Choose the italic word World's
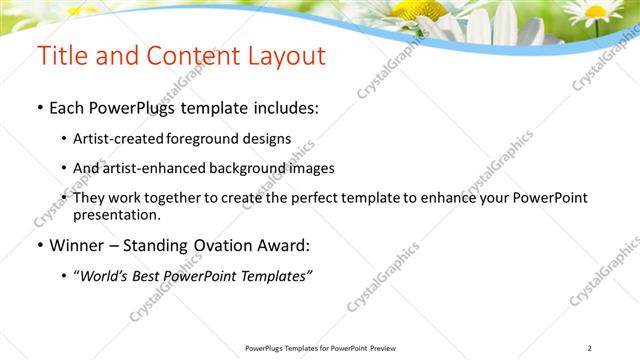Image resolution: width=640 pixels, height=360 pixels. pos(107,275)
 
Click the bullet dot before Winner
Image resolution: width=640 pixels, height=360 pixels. pos(39,245)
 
